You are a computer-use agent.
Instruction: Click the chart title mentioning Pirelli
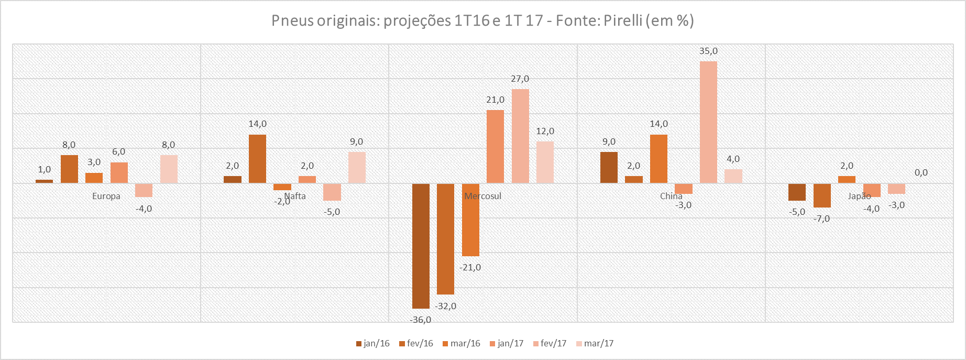click(x=482, y=20)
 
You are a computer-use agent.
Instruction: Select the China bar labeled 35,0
click(x=708, y=122)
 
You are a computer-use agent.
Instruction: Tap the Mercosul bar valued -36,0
click(x=421, y=246)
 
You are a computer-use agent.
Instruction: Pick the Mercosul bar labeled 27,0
click(x=520, y=136)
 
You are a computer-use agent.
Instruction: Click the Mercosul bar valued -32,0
click(x=445, y=239)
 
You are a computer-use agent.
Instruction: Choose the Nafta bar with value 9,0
click(x=357, y=168)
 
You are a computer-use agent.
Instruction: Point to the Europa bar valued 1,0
click(x=44, y=181)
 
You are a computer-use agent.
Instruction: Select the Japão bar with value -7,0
click(x=822, y=195)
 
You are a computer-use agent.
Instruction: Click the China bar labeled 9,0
click(x=609, y=168)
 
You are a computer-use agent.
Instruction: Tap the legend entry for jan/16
click(x=372, y=344)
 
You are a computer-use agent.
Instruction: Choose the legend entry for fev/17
click(x=550, y=344)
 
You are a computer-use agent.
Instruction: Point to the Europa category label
click(x=106, y=196)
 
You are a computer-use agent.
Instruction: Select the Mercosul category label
click(x=483, y=196)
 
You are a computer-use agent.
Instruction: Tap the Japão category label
click(x=859, y=196)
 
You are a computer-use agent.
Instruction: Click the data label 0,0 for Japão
click(x=921, y=172)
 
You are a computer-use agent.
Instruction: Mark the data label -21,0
click(x=470, y=267)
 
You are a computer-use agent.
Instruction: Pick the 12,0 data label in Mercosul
click(x=545, y=131)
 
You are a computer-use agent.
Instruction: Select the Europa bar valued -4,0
click(x=144, y=190)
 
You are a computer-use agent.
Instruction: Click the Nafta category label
click(x=295, y=196)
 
